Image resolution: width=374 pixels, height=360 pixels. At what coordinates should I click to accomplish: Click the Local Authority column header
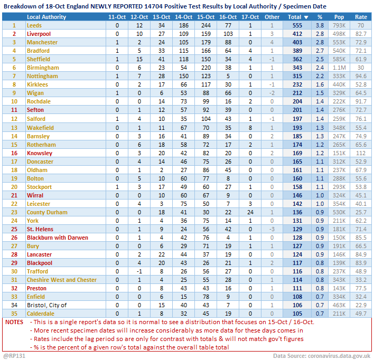coord(46,17)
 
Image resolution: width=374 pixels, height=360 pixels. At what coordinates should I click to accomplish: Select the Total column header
coord(297,17)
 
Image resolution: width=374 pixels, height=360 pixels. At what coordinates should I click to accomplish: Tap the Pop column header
coord(339,17)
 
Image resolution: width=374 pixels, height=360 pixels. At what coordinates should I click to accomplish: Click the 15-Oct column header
coord(205,17)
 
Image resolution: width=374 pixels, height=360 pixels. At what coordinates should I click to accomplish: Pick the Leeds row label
coord(34,25)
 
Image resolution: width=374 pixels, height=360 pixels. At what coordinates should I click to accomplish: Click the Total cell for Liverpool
coord(297,34)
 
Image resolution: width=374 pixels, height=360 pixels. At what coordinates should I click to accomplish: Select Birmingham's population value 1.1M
coord(339,68)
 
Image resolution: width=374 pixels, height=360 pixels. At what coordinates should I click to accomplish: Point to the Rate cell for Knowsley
coord(361,153)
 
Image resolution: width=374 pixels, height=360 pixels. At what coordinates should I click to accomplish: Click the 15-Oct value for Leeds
coord(205,25)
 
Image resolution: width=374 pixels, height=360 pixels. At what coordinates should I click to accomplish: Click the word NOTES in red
coord(14,322)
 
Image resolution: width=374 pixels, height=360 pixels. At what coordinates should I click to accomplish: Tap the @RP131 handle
coord(14,356)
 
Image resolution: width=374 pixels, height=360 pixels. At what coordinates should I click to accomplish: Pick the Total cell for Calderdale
coord(297,314)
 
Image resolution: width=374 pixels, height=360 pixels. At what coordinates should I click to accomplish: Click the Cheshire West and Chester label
coord(62,280)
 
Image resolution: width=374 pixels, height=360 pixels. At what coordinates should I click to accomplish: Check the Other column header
coord(272,17)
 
